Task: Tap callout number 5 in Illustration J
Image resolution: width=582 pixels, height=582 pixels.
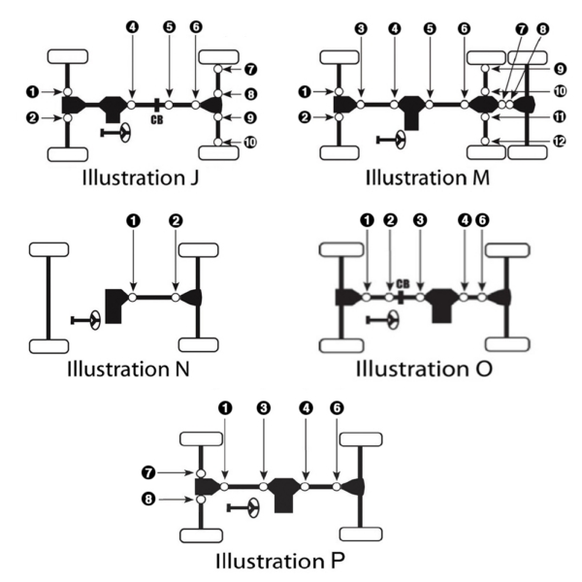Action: [x=169, y=27]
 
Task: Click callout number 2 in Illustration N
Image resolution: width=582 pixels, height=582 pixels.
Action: [x=175, y=220]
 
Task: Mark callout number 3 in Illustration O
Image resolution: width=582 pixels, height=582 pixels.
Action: [x=420, y=220]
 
